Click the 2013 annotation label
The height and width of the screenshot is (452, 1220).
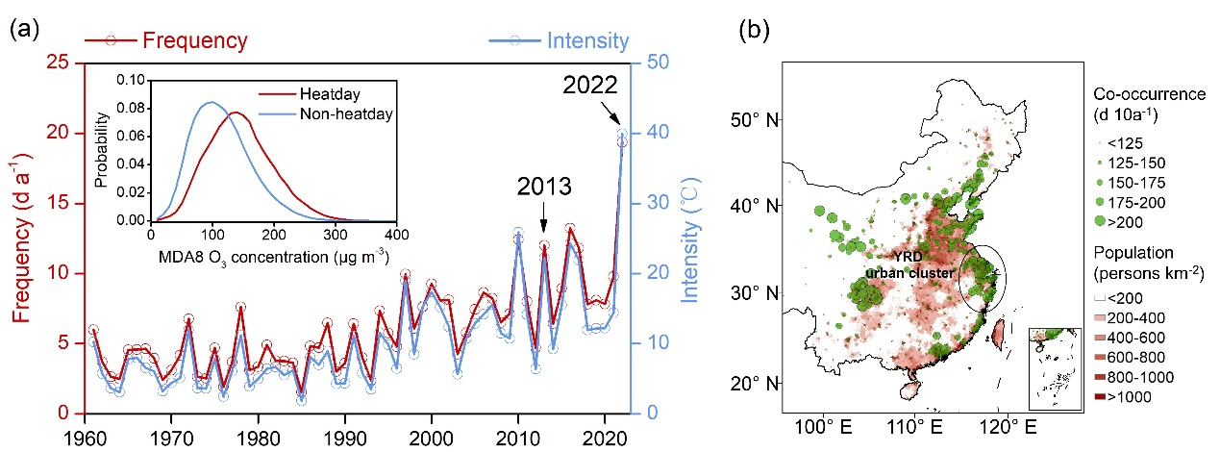[x=543, y=185]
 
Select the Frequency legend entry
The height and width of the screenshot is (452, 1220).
[x=195, y=40]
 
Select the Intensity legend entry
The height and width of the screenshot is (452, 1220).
[x=587, y=41]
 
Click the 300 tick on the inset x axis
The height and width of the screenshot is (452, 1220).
[x=334, y=235]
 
